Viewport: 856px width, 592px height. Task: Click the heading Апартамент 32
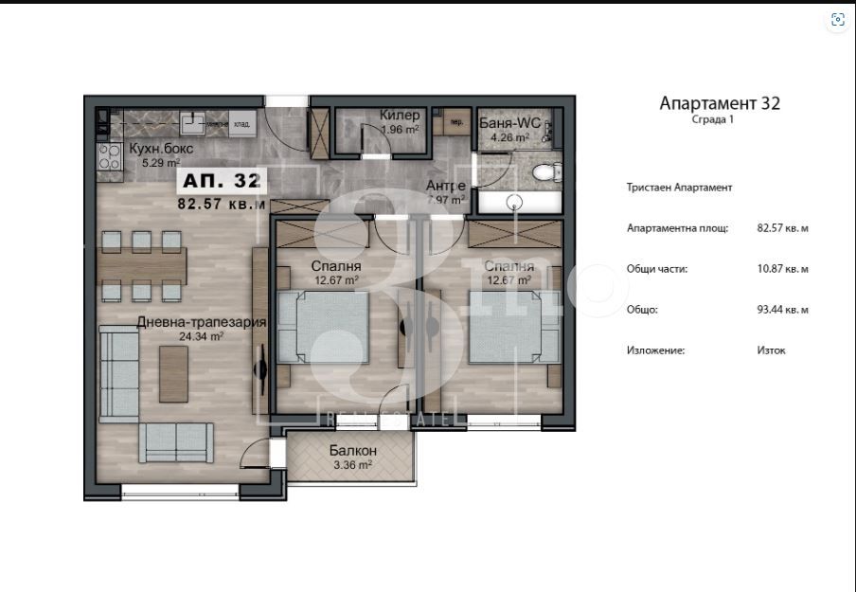tap(720, 103)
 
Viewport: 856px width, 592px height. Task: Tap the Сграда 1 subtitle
tap(712, 120)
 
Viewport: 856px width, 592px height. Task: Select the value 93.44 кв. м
tap(783, 310)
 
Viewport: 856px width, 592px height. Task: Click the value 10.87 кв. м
tap(783, 269)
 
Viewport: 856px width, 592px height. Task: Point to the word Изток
tap(771, 350)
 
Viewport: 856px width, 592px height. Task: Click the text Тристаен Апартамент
tap(679, 188)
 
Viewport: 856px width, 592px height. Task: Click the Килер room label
tap(399, 116)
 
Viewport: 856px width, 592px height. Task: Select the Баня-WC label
tap(509, 123)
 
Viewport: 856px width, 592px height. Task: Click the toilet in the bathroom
tap(544, 171)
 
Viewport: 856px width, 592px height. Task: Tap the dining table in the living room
tap(145, 264)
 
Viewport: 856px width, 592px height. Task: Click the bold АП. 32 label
tap(220, 180)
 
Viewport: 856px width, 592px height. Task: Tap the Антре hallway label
tap(445, 186)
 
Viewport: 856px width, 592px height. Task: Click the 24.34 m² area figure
tap(201, 335)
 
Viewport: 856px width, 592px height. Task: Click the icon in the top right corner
tap(836, 19)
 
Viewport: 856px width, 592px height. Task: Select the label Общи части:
tap(657, 269)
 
